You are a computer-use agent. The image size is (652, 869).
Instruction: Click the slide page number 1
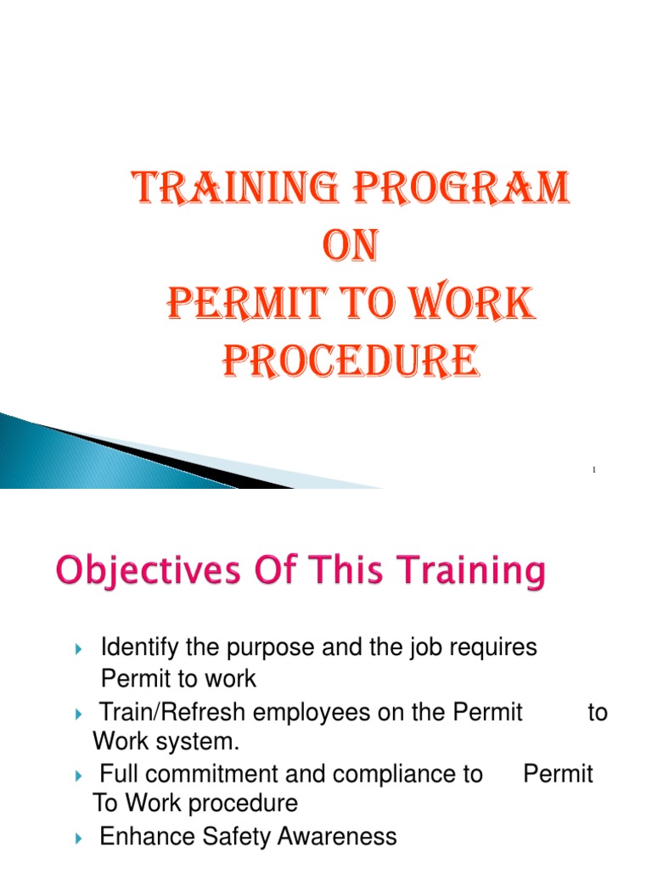594,469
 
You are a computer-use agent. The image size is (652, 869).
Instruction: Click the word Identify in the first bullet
133,648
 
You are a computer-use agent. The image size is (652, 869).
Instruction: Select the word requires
494,648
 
